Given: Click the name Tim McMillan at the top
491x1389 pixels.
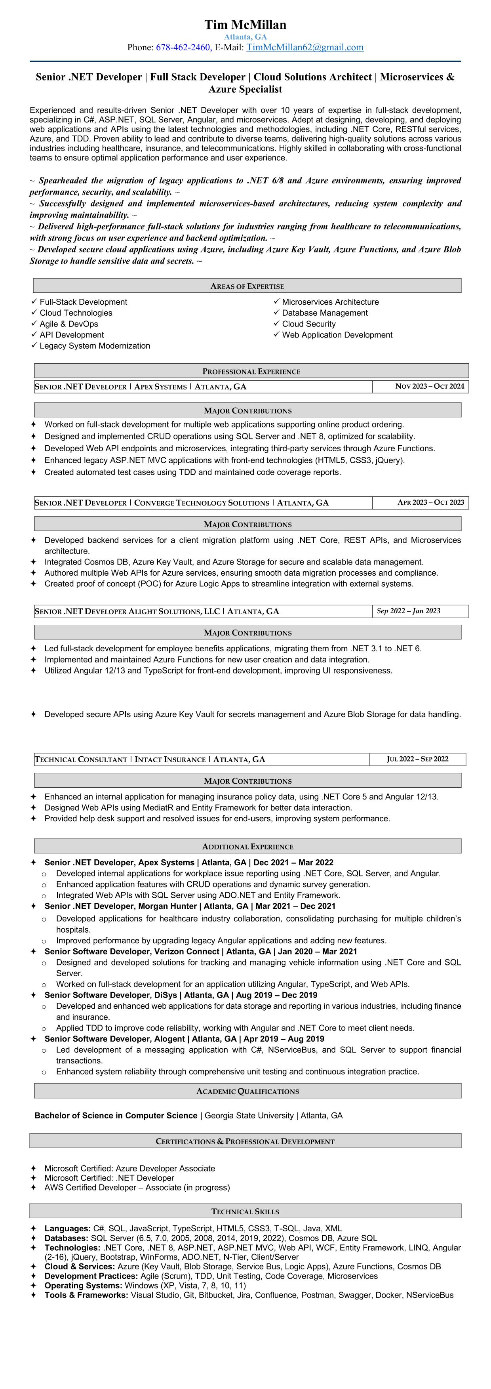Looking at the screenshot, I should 245,25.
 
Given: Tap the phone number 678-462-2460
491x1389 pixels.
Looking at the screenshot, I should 183,48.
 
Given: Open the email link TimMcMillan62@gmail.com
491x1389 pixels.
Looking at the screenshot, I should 304,48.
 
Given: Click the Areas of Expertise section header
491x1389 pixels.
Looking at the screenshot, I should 247,286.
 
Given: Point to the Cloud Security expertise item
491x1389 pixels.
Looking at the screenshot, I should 308,324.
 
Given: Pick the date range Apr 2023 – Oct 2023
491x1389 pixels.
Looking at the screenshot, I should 430,502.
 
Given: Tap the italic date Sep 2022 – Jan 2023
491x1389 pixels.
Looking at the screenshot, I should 408,611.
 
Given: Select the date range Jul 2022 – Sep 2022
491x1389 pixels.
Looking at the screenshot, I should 417,759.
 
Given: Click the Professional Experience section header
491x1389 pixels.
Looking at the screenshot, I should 251,372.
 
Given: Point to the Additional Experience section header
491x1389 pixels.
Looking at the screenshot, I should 247,847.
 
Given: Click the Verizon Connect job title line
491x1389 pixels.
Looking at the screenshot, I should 200,952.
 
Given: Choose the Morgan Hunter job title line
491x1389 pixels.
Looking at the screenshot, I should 190,906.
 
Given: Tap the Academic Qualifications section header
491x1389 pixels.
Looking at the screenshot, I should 247,1091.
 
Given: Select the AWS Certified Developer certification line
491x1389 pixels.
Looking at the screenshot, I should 137,1187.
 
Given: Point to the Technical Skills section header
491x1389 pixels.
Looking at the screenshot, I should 245,1212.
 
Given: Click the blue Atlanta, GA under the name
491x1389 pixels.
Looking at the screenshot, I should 245,37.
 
